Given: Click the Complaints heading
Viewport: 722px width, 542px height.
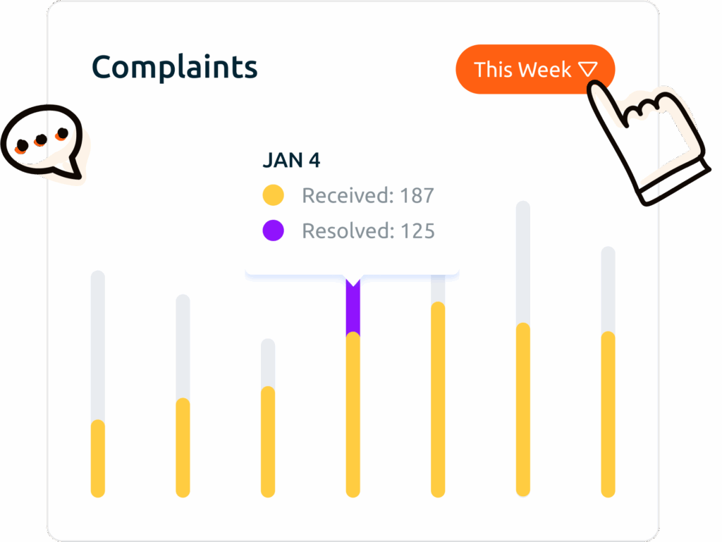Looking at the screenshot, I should pos(174,68).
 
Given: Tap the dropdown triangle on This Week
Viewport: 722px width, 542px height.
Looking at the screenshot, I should pos(588,69).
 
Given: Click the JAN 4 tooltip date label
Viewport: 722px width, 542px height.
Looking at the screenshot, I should pos(291,161).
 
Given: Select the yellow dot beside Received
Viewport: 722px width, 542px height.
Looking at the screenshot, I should pos(273,195).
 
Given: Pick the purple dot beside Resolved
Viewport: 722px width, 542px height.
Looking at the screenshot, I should pos(273,230).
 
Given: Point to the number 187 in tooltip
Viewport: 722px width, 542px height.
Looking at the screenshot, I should pos(417,195).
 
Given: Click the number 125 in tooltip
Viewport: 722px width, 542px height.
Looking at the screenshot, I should pos(417,230).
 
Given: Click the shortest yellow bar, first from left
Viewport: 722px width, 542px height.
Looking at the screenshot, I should pos(98,458).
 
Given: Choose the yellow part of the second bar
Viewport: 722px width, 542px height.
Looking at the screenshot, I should pos(183,448).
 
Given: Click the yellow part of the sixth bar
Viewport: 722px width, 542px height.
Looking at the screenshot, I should pos(522,409).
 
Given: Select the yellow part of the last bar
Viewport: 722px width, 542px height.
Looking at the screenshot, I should pos(608,414).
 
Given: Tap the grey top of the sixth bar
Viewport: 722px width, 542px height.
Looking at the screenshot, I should pos(522,261).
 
